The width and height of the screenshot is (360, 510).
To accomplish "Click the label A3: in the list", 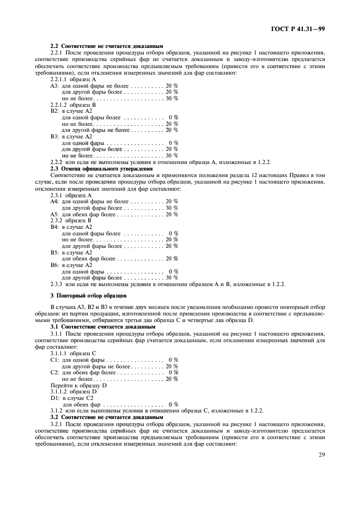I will (54, 86).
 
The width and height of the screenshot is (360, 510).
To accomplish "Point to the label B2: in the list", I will (54, 111).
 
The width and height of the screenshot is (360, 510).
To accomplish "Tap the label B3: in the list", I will (54, 136).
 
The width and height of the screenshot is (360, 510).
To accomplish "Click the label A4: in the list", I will (54, 201).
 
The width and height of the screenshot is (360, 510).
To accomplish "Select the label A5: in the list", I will (54, 214).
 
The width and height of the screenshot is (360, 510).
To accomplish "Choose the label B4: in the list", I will (54, 227).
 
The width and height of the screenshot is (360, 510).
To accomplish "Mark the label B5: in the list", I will (54, 252).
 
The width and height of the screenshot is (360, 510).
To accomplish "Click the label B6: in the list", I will (54, 265).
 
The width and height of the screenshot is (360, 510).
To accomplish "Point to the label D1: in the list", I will (54, 398).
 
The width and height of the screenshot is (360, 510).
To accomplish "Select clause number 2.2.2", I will (57, 162).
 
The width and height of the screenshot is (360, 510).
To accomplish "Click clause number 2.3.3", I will (57, 284).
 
